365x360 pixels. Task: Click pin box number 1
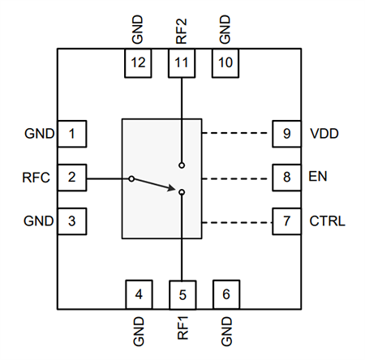tap(71, 133)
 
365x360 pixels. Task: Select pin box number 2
tap(71, 177)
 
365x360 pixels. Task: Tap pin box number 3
tap(71, 221)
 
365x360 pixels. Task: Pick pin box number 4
tap(139, 294)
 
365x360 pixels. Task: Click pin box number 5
tap(182, 294)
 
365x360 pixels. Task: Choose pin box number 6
tap(226, 294)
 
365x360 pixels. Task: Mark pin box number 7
tap(286, 221)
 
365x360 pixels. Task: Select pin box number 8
tap(286, 177)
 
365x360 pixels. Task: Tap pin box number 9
tap(286, 133)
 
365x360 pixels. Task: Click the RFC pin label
tap(37, 177)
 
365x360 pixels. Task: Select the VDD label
tap(324, 133)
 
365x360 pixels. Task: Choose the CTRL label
tap(327, 221)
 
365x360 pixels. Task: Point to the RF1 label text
tap(182, 328)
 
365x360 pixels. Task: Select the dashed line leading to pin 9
tap(235, 133)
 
